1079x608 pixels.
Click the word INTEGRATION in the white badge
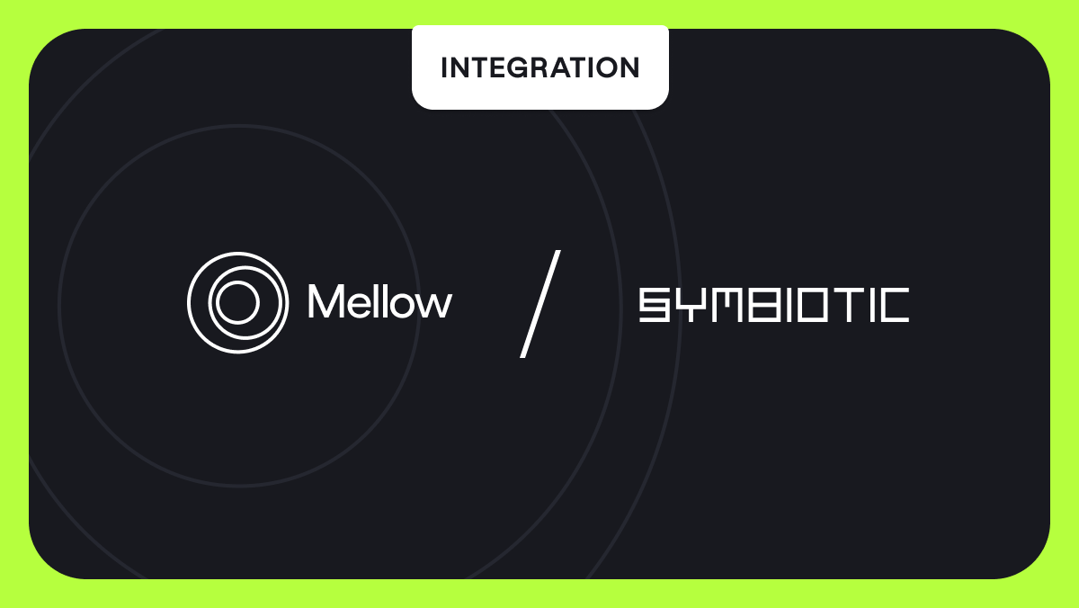tap(539, 68)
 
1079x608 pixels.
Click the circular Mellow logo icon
tap(237, 302)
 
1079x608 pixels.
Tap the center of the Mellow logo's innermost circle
tap(237, 302)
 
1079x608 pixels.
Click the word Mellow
tap(379, 302)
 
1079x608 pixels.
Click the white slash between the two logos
tap(540, 304)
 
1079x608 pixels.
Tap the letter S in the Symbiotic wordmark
tap(654, 305)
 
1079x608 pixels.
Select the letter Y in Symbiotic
tap(688, 305)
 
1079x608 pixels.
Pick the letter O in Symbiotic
tap(813, 305)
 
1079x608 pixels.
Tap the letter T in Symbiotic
tap(848, 305)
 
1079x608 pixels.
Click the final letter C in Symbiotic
tap(894, 305)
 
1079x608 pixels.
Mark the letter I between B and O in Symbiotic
tap(787, 305)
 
